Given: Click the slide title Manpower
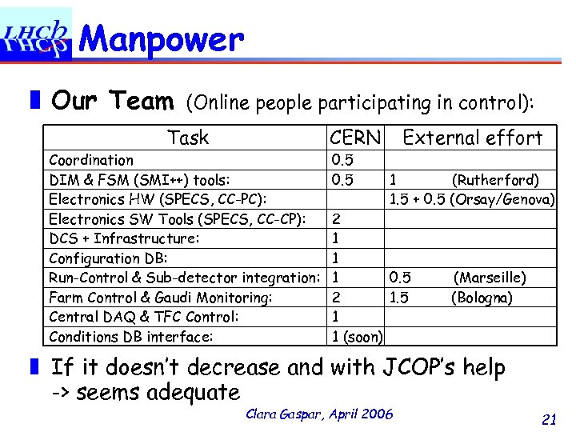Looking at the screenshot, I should [x=162, y=38].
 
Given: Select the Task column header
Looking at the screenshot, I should [x=188, y=138].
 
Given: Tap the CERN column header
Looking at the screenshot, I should [x=355, y=138].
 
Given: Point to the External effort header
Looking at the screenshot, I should [x=472, y=138].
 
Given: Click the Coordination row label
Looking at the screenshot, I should [x=91, y=160].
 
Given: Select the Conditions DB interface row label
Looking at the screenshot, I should [x=131, y=337].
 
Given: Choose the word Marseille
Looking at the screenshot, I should [x=490, y=278].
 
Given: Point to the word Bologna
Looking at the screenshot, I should [x=482, y=298].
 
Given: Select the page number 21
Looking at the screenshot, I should [x=549, y=419].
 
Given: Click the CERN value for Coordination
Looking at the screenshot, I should [x=342, y=160].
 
